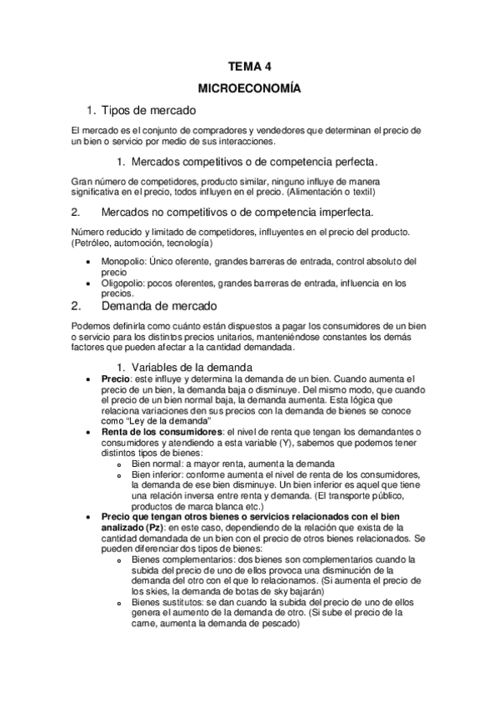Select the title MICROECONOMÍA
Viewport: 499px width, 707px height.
[249, 88]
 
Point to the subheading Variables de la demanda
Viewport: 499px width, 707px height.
[192, 367]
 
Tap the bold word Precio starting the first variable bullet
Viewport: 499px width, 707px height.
[116, 379]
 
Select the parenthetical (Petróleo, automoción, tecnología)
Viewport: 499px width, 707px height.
[142, 243]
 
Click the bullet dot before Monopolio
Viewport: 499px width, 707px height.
[90, 262]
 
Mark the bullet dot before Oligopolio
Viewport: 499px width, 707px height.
[90, 283]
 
